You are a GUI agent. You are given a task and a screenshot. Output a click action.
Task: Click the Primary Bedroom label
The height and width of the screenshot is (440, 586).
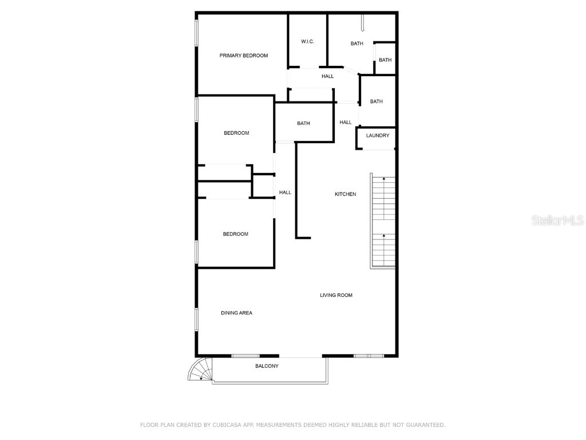tap(244, 56)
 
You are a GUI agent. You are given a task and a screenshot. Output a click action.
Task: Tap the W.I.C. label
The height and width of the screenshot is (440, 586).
tap(307, 42)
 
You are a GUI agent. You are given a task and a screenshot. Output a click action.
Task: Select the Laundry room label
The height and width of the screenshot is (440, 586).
tap(378, 136)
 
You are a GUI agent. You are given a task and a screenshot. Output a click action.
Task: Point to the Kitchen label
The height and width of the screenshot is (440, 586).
tap(345, 194)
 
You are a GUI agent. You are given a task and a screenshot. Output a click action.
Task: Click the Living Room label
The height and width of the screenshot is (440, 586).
tap(336, 295)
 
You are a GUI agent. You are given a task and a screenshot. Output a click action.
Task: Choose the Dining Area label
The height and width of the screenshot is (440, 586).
tap(236, 313)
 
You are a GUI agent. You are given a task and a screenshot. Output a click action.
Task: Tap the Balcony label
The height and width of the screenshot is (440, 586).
tap(267, 366)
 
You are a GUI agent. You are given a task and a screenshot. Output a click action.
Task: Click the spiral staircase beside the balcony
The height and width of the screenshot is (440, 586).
tap(200, 370)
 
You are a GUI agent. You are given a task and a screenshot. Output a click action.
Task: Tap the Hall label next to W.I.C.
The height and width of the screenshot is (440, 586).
tap(327, 76)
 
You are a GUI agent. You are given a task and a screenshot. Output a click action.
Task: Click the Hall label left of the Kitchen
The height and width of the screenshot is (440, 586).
tap(285, 192)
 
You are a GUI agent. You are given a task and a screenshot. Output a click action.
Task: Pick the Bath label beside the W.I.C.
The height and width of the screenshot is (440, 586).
tap(357, 44)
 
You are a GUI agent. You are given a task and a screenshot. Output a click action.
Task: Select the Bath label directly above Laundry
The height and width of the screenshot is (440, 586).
tap(376, 101)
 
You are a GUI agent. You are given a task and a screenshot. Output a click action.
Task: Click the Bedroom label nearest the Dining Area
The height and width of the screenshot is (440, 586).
tap(235, 234)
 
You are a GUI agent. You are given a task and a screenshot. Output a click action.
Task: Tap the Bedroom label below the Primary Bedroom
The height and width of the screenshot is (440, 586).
tap(236, 133)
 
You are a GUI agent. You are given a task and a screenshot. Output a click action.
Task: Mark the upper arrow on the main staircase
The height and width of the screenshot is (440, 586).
tap(383, 180)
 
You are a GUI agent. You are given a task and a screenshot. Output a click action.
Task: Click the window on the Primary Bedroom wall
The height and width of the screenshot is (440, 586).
tap(196, 33)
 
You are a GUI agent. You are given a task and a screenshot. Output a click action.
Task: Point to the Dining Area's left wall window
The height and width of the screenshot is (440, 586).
tap(196, 319)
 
